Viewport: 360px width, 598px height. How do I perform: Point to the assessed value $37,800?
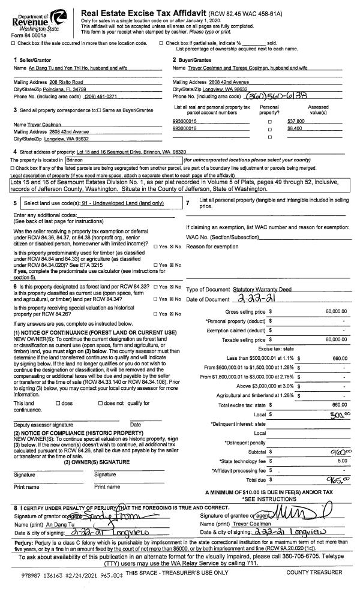tap(296, 121)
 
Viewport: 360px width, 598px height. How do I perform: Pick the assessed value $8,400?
tap(295, 128)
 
